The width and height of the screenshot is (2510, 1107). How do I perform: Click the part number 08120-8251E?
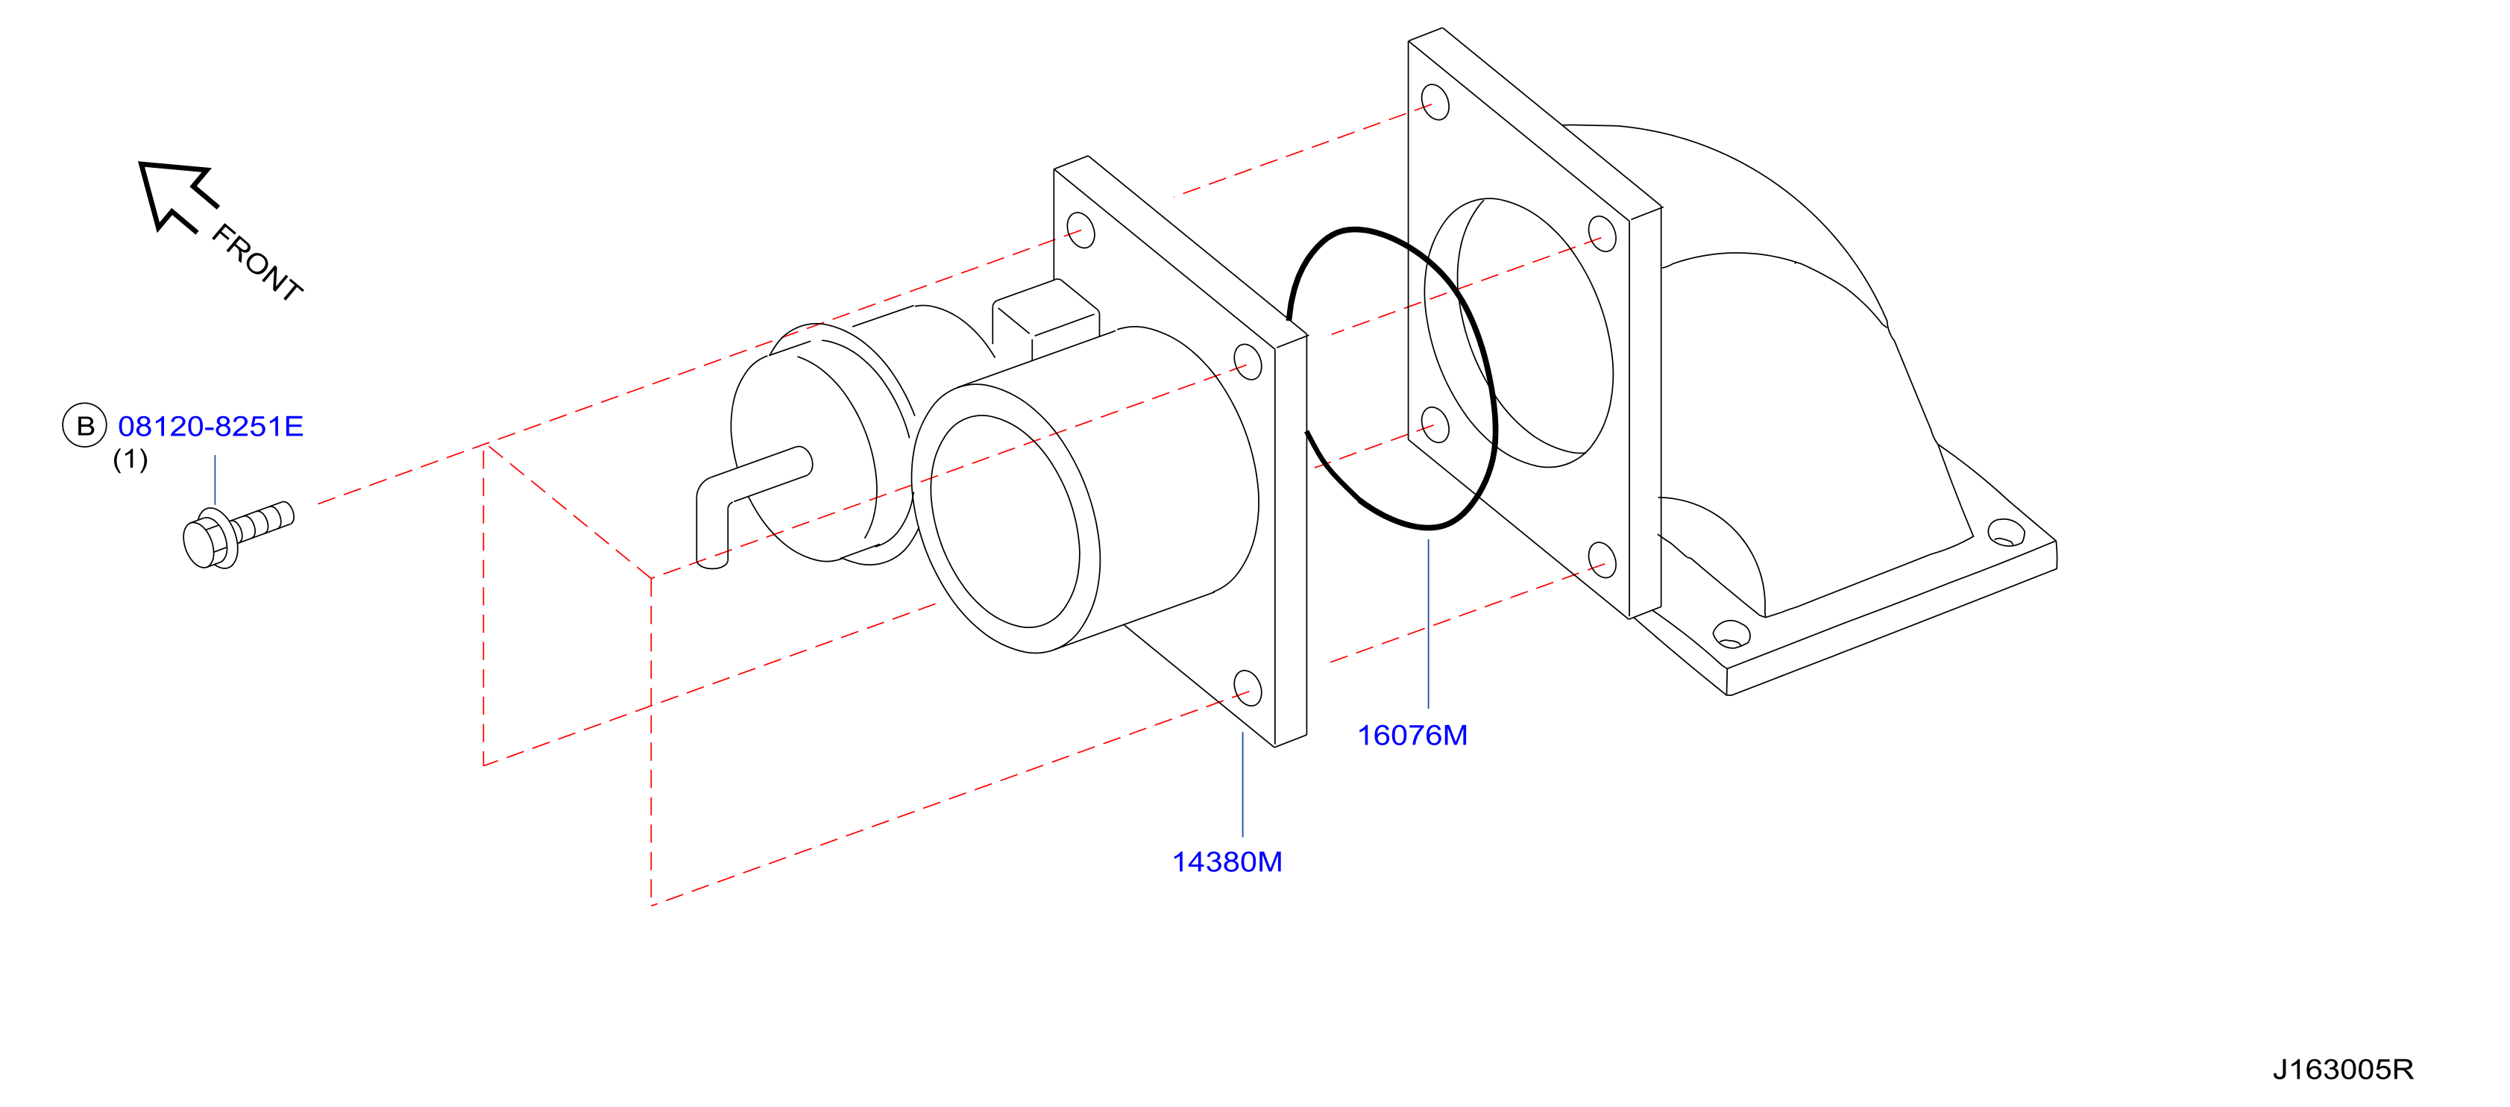click(x=210, y=426)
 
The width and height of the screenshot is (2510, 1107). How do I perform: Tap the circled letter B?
click(x=85, y=425)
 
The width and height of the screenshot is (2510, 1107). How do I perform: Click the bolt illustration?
click(x=238, y=535)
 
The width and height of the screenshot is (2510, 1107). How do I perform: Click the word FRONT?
click(x=257, y=262)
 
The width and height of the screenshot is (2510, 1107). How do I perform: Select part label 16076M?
click(x=1412, y=735)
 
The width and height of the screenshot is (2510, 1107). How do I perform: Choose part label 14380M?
click(x=1227, y=862)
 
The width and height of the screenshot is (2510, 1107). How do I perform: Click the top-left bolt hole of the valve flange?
click(x=1081, y=231)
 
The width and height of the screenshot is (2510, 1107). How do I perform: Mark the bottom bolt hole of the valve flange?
click(x=1248, y=687)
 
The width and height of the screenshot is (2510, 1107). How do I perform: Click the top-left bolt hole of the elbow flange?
click(x=1435, y=101)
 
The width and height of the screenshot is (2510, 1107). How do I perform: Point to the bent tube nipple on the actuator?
click(x=746, y=502)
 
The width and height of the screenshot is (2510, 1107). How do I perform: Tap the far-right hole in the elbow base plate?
click(x=2005, y=532)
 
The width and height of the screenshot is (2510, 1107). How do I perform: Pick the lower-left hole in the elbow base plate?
click(x=1731, y=634)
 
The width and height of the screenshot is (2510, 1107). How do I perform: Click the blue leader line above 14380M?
click(x=1242, y=785)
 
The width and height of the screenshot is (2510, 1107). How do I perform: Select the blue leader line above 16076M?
click(x=1429, y=624)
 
